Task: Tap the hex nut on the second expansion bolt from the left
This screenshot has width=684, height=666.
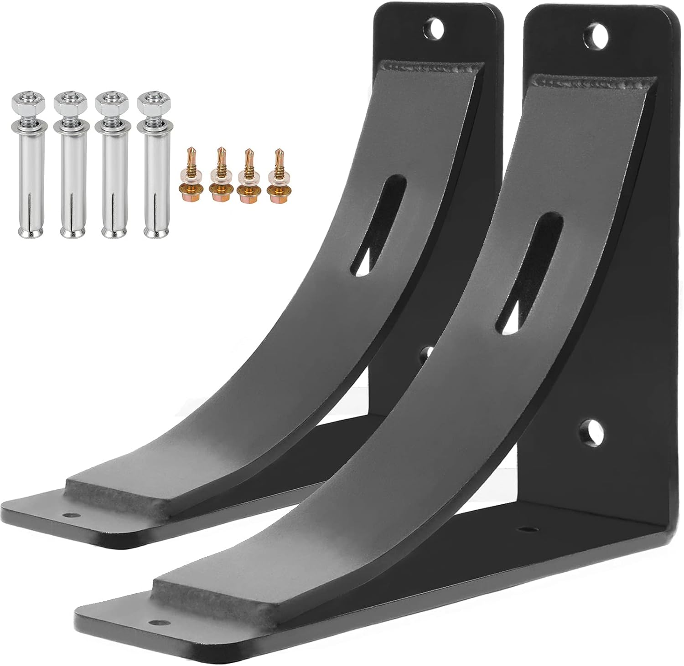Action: [x=70, y=105]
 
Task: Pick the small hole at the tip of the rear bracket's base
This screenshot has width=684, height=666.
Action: [x=70, y=515]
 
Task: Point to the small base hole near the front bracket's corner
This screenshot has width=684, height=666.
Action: [x=528, y=529]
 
